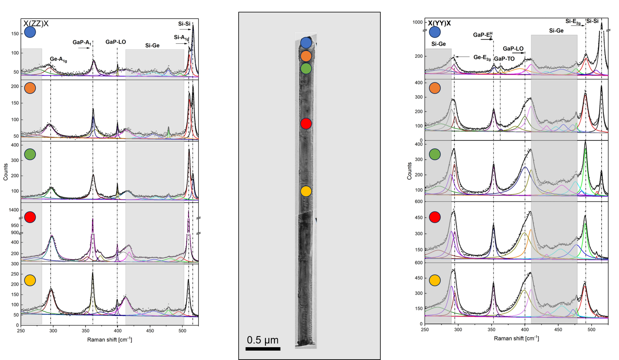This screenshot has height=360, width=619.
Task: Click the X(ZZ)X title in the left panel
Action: click(x=36, y=24)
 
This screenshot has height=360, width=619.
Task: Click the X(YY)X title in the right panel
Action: click(x=439, y=23)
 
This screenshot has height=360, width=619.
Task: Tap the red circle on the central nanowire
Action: click(x=306, y=123)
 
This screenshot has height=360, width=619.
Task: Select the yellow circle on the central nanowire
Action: click(x=306, y=191)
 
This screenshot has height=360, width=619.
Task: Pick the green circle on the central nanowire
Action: click(x=306, y=69)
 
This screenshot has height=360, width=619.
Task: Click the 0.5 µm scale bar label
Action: click(x=263, y=340)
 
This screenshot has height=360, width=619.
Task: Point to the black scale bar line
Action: click(x=263, y=349)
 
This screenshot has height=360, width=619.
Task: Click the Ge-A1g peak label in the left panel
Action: click(x=58, y=59)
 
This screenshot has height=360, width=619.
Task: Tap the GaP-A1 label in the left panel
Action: click(x=82, y=42)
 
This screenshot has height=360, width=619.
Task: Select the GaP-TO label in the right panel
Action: click(x=504, y=59)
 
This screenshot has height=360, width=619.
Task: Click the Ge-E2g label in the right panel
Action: click(x=482, y=57)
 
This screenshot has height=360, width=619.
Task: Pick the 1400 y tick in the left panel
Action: click(x=14, y=210)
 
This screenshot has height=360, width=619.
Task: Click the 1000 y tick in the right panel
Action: click(x=417, y=22)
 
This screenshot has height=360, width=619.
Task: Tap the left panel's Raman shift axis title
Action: click(x=109, y=339)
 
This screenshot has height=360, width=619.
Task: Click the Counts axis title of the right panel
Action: click(x=409, y=171)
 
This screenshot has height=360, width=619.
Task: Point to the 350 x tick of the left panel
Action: click(x=85, y=331)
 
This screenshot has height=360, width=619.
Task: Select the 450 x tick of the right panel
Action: click(x=558, y=329)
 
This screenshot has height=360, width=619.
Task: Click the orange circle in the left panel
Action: click(x=30, y=88)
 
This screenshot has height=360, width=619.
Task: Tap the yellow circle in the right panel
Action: click(x=435, y=280)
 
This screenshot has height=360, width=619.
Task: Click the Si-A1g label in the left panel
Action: click(x=181, y=38)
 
